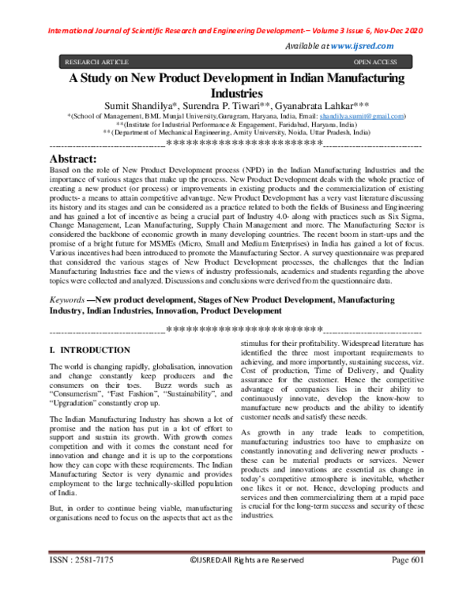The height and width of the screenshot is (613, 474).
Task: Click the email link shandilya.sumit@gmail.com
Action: pos(362,115)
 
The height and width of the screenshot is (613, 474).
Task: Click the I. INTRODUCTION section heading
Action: pos(90,349)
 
